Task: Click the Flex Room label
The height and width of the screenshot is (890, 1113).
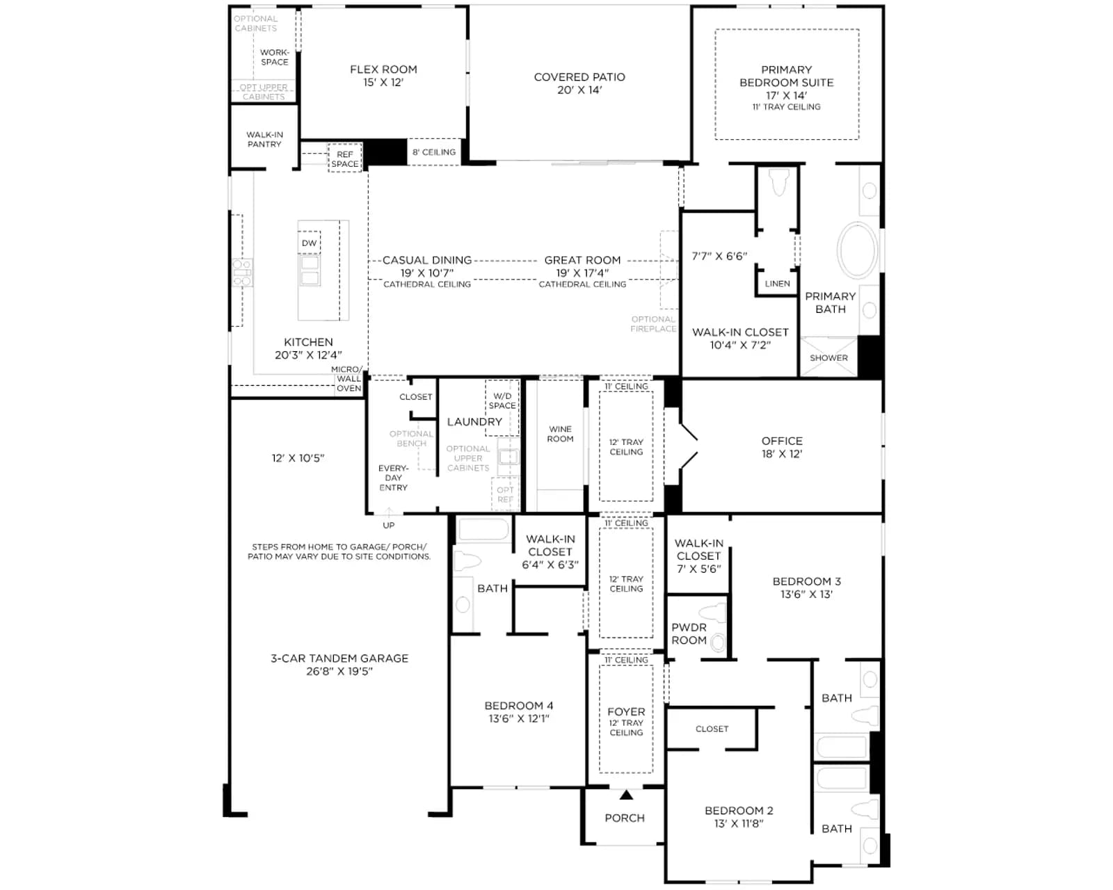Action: [383, 70]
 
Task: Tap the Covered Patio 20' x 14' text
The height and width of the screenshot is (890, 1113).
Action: [579, 83]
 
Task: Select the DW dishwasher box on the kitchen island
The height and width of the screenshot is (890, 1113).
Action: [310, 243]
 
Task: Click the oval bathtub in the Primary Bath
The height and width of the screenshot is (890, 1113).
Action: [858, 250]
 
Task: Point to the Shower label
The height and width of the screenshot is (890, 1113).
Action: [828, 358]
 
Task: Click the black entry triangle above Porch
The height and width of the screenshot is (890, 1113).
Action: [626, 795]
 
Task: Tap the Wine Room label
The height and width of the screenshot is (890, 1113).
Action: [560, 434]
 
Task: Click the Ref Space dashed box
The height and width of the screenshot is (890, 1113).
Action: [345, 158]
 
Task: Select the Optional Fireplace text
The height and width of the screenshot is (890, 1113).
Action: [653, 324]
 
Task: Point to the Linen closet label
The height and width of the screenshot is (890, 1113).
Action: [777, 284]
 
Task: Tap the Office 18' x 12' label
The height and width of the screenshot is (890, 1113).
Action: [782, 447]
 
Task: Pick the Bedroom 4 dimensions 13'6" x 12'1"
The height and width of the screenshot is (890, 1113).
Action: [519, 718]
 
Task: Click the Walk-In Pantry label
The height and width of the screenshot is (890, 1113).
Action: [264, 140]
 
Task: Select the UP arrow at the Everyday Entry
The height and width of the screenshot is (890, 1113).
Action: [389, 512]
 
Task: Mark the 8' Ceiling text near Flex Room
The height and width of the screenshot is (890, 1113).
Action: [434, 152]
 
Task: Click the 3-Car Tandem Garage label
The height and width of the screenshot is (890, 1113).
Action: [339, 658]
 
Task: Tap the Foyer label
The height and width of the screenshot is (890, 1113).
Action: [626, 711]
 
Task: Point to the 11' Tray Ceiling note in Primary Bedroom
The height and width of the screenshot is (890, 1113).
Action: [786, 107]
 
